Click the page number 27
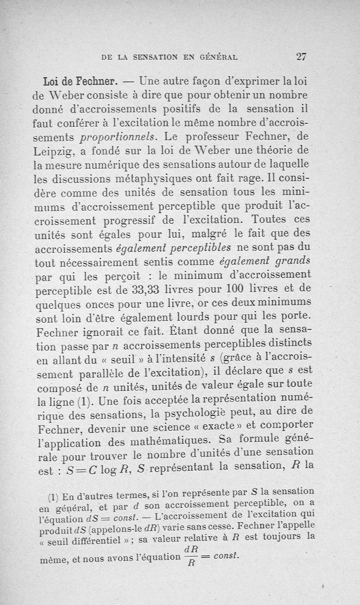coord(301,57)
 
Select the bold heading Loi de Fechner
coord(80,82)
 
